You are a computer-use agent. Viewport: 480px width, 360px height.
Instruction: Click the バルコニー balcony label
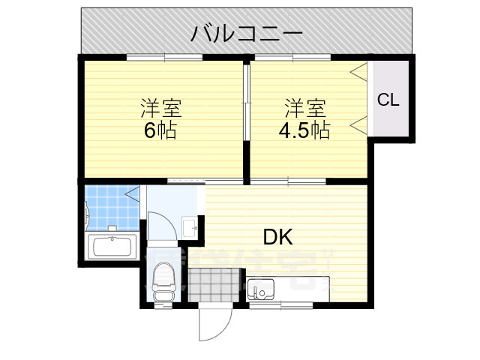(x=246, y=33)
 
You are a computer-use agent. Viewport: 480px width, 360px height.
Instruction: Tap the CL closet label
(x=388, y=99)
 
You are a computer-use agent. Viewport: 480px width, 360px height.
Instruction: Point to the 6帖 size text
(x=160, y=130)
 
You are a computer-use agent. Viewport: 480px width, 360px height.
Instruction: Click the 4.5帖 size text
(x=304, y=130)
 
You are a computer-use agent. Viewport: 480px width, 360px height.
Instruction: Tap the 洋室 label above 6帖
(x=160, y=107)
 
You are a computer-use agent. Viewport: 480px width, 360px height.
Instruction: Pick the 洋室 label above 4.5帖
(x=304, y=107)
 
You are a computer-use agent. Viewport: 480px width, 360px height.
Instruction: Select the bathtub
(x=111, y=247)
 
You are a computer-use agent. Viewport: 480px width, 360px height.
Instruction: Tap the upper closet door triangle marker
(x=360, y=72)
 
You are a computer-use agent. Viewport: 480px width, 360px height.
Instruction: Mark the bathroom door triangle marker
(x=133, y=196)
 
